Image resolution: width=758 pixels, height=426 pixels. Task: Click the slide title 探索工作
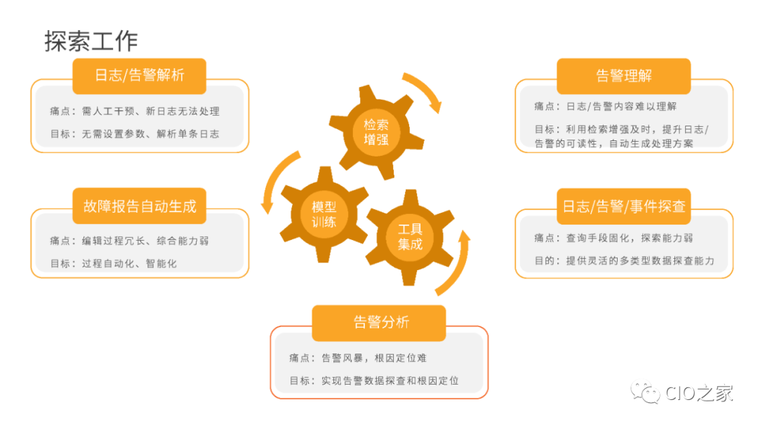tap(91, 41)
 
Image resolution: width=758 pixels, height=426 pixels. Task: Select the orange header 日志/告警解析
tap(139, 76)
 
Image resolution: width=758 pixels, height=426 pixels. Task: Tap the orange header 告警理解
tap(623, 76)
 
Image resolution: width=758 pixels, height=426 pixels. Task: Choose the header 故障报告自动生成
tap(139, 206)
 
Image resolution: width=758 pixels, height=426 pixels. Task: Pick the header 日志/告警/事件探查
tap(623, 206)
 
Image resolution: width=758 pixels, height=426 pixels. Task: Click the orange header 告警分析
tap(379, 323)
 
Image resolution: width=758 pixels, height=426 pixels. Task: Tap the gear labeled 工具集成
tap(410, 237)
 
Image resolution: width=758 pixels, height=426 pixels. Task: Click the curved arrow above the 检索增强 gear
tap(425, 87)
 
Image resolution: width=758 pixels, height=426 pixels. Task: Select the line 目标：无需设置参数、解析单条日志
tap(135, 133)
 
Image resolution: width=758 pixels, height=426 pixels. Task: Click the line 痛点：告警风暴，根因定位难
tap(358, 358)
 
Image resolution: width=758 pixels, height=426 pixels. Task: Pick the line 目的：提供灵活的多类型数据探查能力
tap(625, 261)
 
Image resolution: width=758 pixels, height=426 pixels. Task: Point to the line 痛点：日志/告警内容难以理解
tap(605, 107)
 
